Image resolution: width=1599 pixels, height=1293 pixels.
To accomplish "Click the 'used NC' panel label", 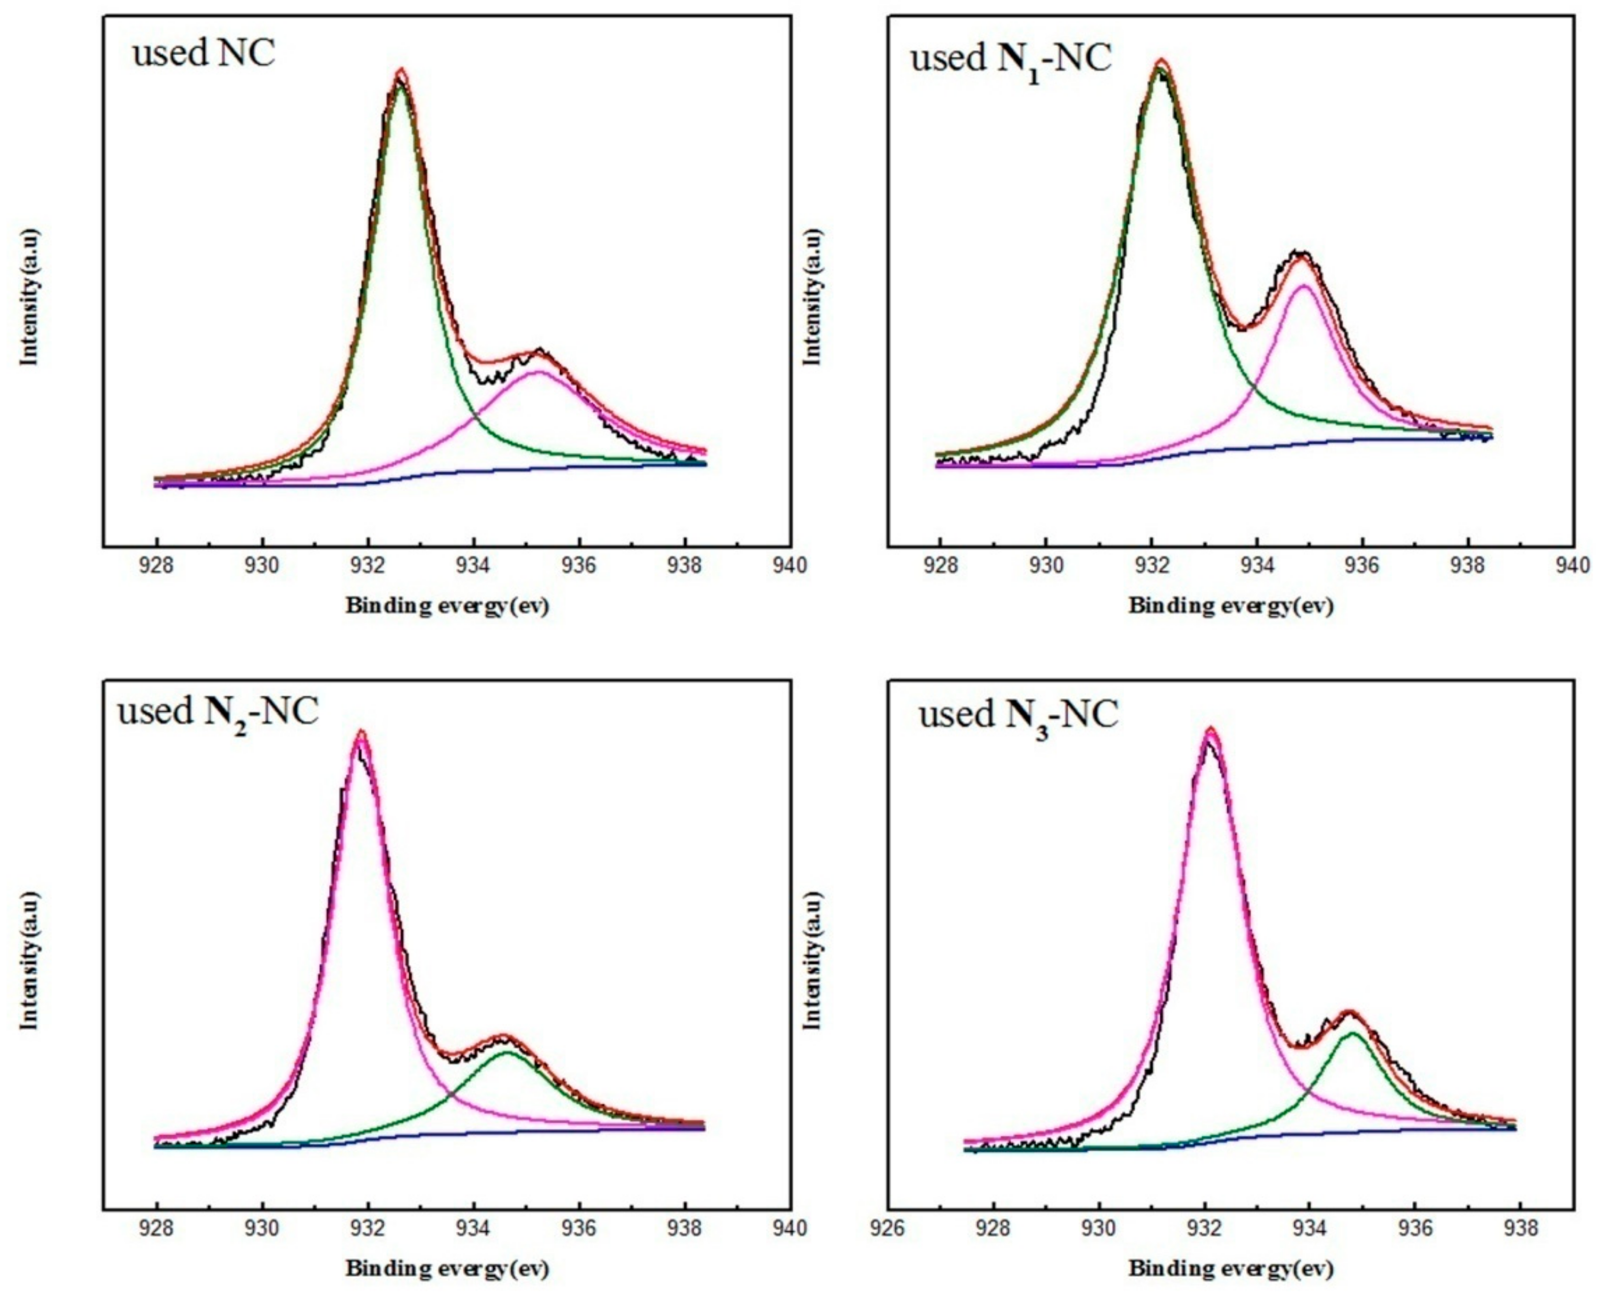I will [203, 53].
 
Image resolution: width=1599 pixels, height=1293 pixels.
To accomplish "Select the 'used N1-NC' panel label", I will [1011, 60].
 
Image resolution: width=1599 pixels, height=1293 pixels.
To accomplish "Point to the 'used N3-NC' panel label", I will [1018, 717].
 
